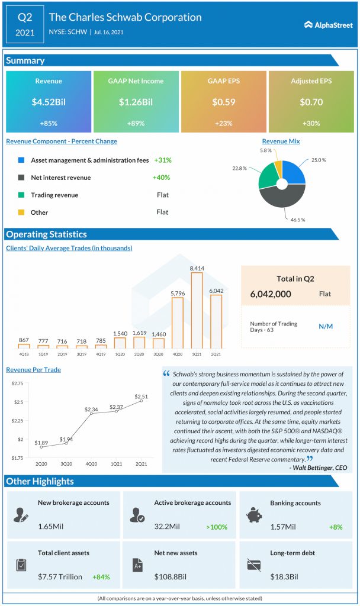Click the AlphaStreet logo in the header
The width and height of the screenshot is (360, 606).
click(328, 25)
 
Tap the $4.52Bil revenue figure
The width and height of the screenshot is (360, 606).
click(49, 102)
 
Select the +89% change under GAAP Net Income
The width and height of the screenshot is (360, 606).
click(136, 123)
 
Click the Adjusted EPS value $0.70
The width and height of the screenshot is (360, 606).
click(311, 102)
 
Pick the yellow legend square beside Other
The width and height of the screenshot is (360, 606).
click(21, 212)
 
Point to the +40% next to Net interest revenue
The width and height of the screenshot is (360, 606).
click(161, 178)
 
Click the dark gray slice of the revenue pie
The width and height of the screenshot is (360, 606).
click(282, 196)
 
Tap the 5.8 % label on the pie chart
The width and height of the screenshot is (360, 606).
click(266, 150)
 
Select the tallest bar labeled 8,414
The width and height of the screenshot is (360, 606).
click(197, 310)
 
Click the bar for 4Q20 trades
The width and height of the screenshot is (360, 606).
click(178, 323)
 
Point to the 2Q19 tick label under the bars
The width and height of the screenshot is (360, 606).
click(62, 354)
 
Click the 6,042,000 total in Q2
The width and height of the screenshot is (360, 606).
click(271, 294)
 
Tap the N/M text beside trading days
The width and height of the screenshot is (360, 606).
click(326, 327)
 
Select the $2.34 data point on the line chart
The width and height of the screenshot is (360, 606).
click(91, 414)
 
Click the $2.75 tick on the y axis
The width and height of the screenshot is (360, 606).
click(17, 383)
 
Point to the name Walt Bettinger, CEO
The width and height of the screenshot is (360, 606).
click(320, 468)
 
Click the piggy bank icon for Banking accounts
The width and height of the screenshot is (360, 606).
click(254, 515)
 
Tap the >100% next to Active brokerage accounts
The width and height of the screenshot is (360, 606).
click(217, 527)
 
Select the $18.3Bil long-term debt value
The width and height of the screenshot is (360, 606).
click(284, 576)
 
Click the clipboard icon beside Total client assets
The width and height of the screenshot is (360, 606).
click(22, 565)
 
